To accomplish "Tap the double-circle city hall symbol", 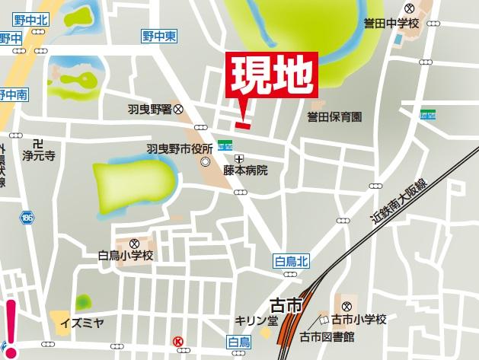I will coord(206,161).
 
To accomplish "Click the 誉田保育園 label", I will coord(334,117).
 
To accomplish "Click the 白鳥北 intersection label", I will coord(291,262).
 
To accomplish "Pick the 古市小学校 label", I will coord(363,319).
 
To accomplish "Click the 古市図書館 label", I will coord(327,336).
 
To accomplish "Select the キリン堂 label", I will coord(256,320).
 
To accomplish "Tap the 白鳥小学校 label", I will coord(126,256).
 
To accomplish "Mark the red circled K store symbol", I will coord(178,342).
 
